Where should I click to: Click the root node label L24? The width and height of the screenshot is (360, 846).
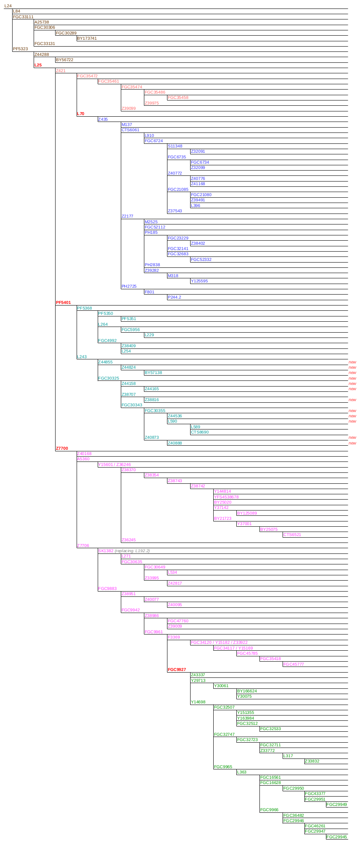[x=8, y=6]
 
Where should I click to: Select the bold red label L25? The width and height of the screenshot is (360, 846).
[x=38, y=65]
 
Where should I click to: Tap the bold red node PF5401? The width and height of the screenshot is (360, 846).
[x=63, y=303]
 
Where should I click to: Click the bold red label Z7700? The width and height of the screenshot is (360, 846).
[x=62, y=449]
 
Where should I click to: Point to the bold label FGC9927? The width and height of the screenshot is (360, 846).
[x=177, y=670]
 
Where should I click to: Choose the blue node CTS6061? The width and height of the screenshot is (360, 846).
[x=130, y=130]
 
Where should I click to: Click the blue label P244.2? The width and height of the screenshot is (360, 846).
[x=174, y=297]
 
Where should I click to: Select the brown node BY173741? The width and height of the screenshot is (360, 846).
[x=87, y=38]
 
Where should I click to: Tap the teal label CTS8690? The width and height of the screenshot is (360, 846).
[x=199, y=432]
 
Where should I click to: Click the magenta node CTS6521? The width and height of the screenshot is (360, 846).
[x=292, y=535]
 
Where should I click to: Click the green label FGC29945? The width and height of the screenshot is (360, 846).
[x=336, y=837]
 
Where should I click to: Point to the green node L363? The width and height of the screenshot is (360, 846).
[x=241, y=772]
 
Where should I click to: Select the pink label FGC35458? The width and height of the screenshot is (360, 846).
[x=178, y=98]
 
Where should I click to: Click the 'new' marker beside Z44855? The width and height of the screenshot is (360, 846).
[x=352, y=362]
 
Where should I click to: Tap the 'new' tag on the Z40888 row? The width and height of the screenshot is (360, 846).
[x=352, y=443]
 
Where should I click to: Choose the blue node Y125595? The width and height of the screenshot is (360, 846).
[x=199, y=281]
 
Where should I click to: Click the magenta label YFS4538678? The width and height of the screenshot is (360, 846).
[x=226, y=497]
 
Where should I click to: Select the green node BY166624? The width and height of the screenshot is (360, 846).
[x=247, y=691]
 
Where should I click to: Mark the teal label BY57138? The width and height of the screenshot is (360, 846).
[x=153, y=373]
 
